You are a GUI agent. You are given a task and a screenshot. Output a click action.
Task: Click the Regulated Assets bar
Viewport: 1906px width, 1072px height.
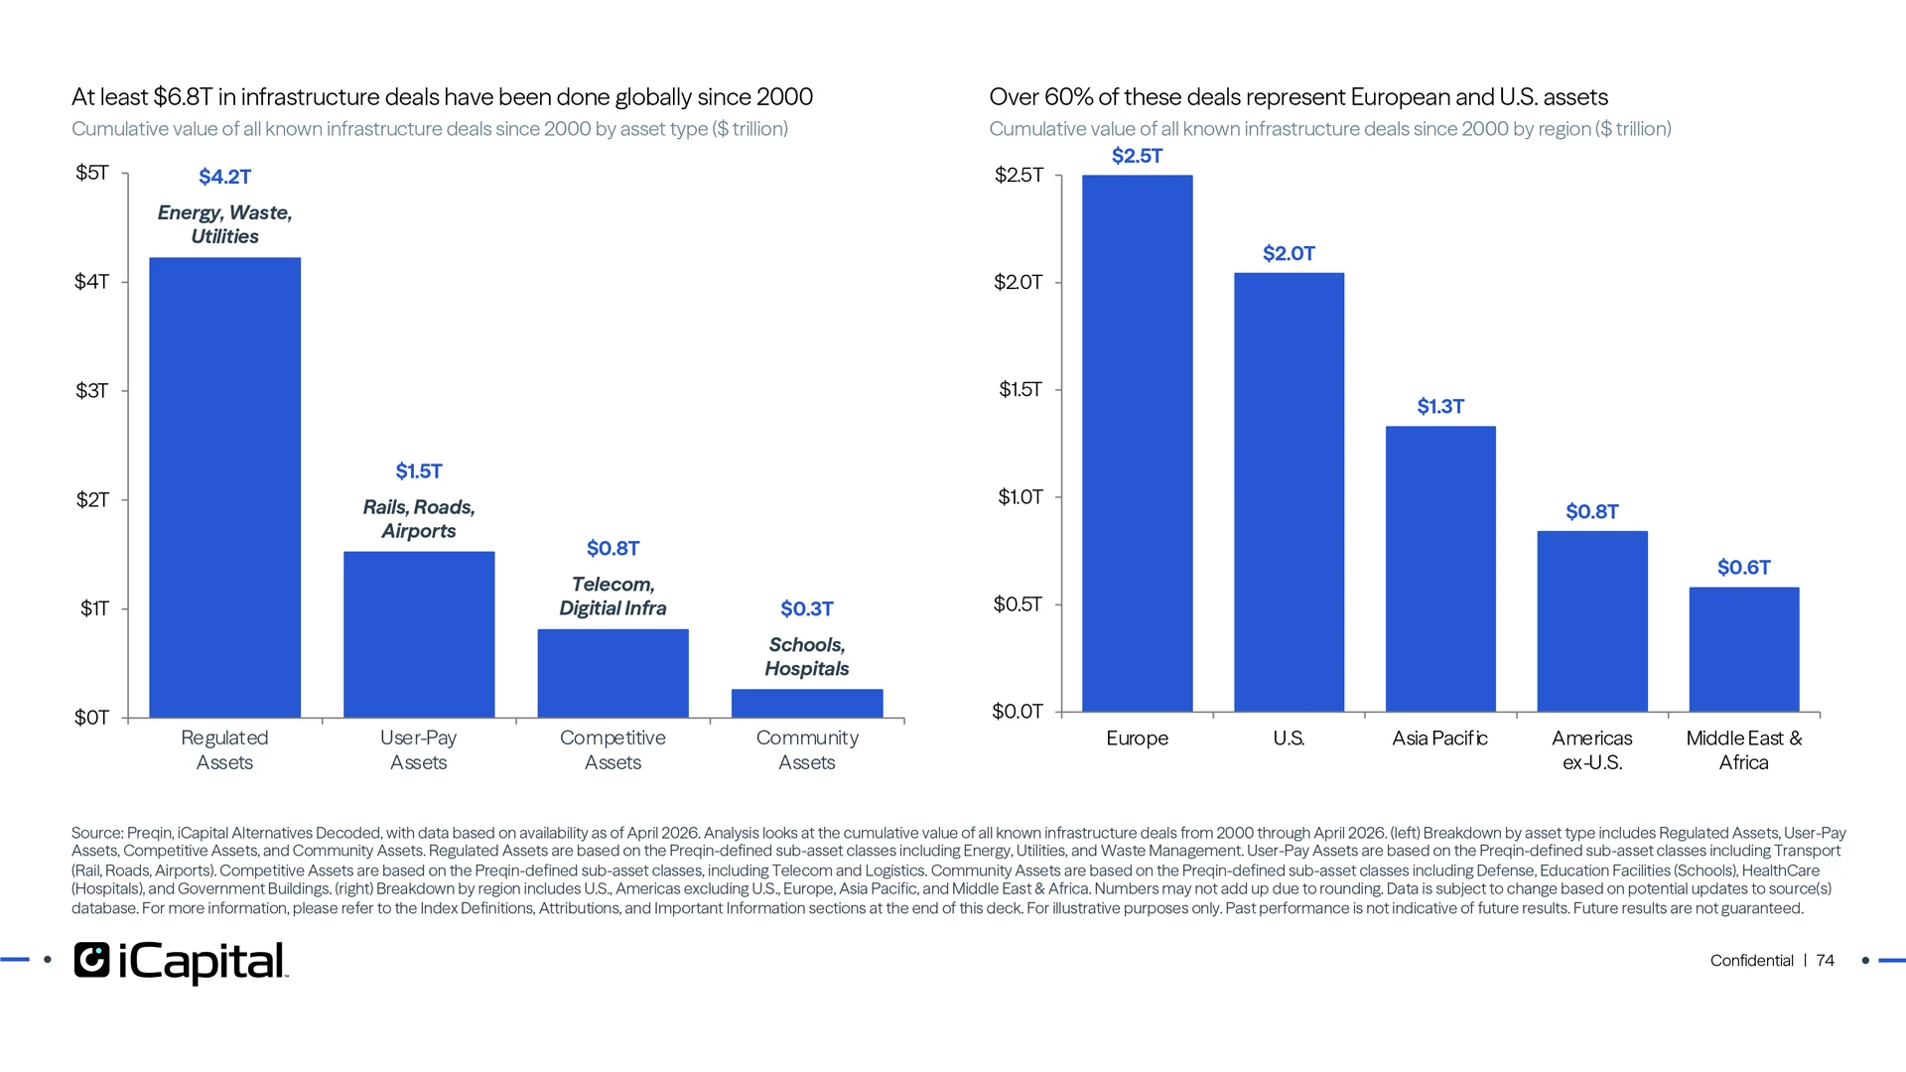point(224,487)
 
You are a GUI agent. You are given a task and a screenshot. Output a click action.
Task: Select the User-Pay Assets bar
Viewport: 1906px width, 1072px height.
point(419,634)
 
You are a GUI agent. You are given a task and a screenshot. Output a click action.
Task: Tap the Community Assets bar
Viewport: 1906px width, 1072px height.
point(807,703)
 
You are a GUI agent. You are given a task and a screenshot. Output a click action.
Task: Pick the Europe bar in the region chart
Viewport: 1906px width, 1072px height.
point(1138,444)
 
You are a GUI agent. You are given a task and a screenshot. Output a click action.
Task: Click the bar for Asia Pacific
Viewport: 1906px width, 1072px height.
point(1440,569)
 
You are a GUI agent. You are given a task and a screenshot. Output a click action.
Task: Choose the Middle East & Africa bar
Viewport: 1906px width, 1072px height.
point(1744,649)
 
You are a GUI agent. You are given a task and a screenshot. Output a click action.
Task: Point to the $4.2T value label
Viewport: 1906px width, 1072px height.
point(225,177)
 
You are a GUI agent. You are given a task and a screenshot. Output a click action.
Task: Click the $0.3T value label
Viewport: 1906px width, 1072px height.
point(807,608)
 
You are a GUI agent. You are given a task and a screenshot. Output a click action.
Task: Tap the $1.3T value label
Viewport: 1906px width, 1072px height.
point(1440,406)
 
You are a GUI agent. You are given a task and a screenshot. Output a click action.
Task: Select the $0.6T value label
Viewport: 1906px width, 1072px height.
point(1744,567)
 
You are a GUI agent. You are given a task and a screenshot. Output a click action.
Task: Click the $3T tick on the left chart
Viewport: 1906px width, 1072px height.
point(92,390)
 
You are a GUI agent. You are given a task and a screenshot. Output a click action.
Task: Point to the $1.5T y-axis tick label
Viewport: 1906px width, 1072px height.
point(1021,389)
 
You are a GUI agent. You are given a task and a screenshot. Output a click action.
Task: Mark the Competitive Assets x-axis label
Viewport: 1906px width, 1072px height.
point(613,750)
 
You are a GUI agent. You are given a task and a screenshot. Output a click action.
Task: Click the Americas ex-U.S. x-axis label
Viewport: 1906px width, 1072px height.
point(1592,750)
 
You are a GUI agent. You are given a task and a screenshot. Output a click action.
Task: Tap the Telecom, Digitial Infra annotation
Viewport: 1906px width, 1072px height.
point(613,597)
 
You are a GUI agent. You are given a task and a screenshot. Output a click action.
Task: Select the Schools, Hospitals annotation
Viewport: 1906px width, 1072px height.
point(807,657)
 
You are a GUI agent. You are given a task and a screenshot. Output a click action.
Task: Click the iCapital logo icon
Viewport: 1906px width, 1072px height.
point(91,960)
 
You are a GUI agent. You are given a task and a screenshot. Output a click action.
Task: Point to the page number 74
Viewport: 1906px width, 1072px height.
point(1826,960)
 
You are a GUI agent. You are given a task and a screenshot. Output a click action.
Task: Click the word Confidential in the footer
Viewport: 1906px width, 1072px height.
point(1751,960)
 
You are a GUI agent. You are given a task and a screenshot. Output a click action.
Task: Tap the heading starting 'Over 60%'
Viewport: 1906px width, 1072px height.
point(1298,97)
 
